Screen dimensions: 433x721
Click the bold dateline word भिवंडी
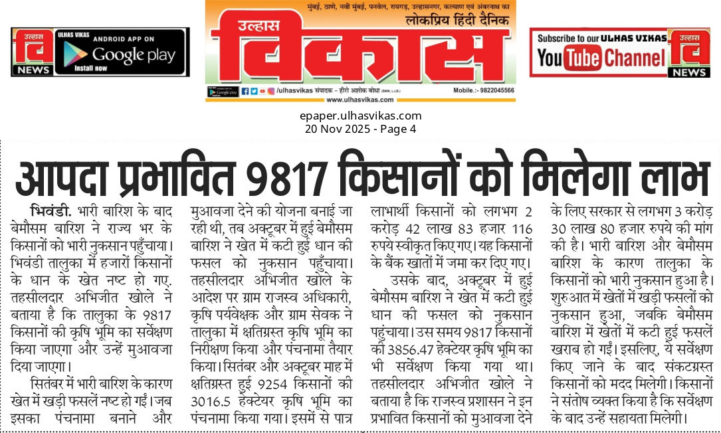pos(51,213)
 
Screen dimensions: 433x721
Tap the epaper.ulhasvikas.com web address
pos(360,116)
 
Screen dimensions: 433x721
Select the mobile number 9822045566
pos(492,90)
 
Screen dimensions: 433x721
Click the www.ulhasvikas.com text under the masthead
pos(360,100)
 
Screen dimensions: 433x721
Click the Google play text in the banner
pos(134,54)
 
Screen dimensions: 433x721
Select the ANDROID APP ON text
pos(124,39)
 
